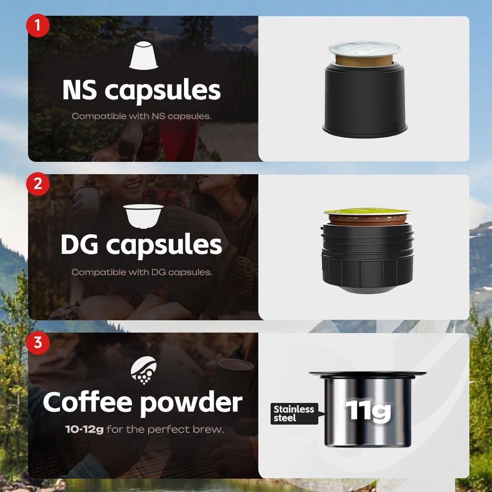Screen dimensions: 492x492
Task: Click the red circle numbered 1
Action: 38,26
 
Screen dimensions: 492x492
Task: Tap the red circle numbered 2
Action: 38,184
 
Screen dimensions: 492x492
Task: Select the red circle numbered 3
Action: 38,342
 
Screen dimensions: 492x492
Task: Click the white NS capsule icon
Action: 143,56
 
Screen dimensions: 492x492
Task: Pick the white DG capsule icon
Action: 143,216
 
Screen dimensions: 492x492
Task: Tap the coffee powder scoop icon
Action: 144,370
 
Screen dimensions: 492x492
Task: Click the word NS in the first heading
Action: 80,90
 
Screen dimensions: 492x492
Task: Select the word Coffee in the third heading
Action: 88,402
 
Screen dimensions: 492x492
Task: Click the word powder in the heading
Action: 191,403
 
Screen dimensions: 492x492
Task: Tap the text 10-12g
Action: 84,429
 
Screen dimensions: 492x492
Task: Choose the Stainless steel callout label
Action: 294,414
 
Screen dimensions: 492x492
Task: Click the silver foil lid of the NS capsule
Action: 364,49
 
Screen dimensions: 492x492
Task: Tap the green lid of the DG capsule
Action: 367,212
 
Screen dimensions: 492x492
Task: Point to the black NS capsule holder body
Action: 365,100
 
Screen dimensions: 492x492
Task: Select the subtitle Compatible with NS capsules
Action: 142,116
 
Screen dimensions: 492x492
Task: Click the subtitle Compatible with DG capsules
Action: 142,272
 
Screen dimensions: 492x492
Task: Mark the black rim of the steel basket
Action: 367,374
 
